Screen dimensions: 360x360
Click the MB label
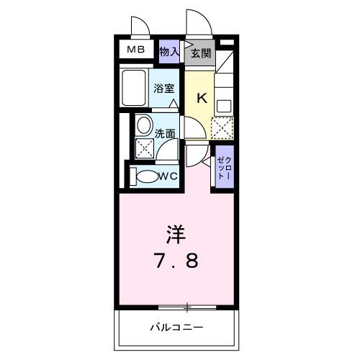[136, 50]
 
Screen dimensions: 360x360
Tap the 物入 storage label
[169, 52]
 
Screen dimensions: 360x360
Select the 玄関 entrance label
[201, 53]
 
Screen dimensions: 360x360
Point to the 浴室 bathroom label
[164, 89]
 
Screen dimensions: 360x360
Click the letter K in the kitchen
[202, 98]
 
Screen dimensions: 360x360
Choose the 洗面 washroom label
[164, 134]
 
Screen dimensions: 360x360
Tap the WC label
[168, 176]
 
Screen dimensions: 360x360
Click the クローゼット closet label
[225, 168]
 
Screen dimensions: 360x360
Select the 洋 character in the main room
[176, 233]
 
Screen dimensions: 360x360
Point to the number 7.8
[177, 261]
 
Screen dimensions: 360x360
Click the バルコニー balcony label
[176, 327]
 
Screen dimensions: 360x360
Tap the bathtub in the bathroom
[134, 88]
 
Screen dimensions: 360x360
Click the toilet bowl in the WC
[145, 176]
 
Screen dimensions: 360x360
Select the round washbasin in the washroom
[145, 125]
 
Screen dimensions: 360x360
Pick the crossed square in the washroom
[145, 148]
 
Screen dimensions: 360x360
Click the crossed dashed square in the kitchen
[222, 128]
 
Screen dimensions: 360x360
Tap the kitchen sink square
[224, 106]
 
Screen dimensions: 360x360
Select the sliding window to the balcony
[187, 307]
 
